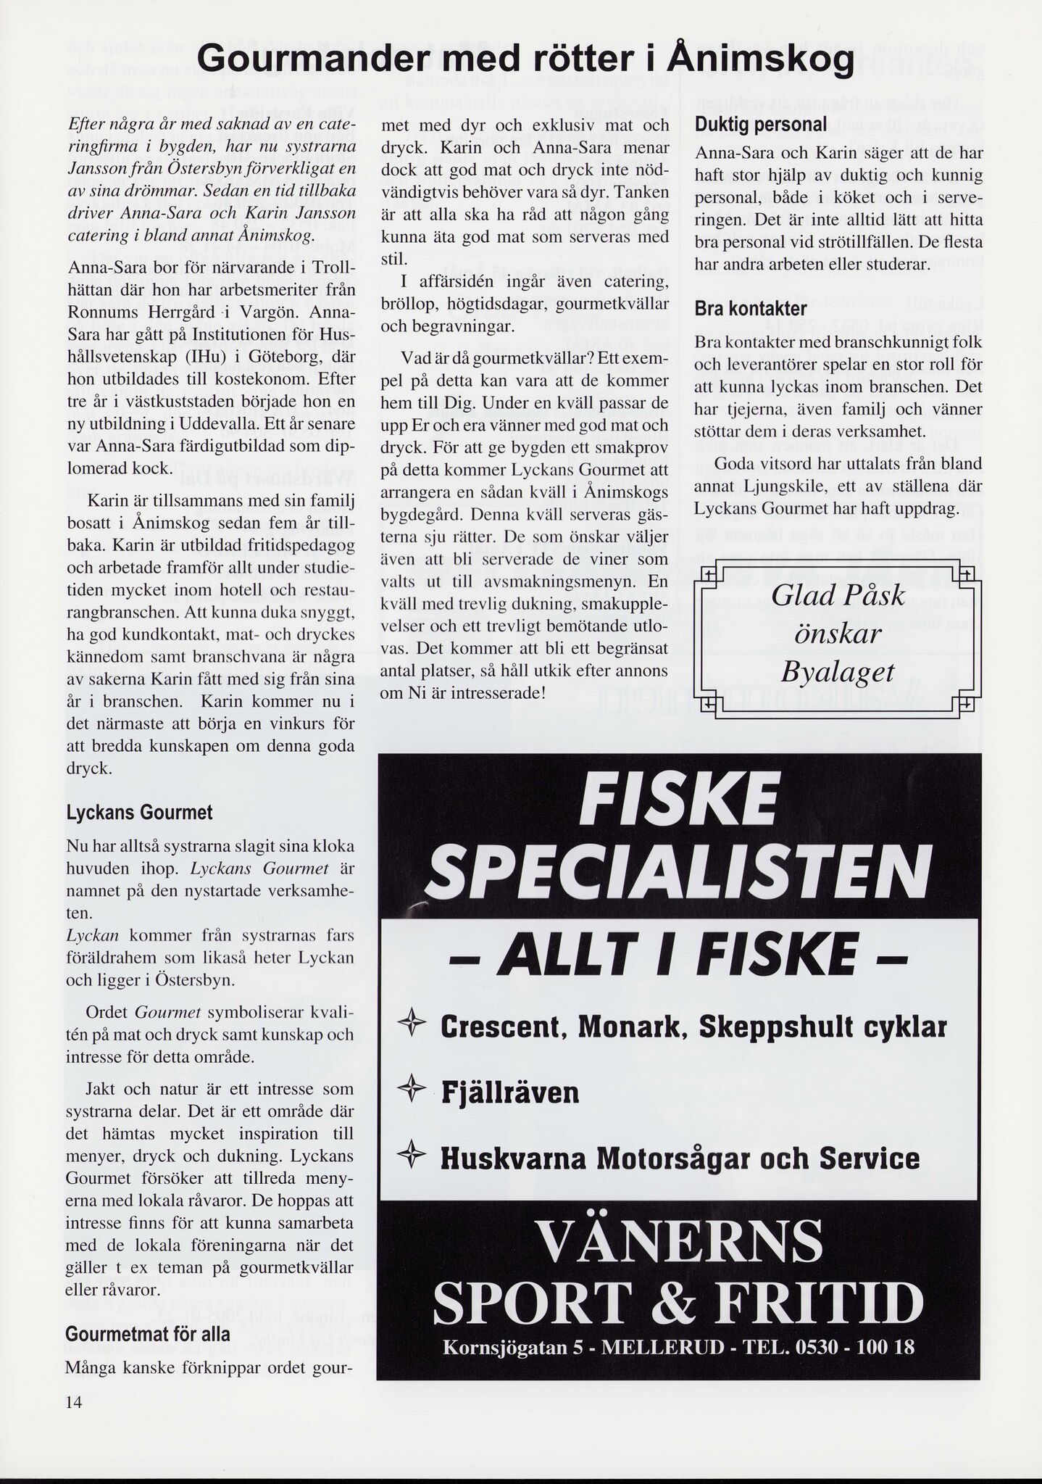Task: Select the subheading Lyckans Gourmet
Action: [x=139, y=813]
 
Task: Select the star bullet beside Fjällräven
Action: [x=412, y=1092]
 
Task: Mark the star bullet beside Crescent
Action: [x=412, y=1026]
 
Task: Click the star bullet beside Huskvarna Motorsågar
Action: [x=412, y=1157]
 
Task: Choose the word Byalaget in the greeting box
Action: [x=837, y=672]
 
